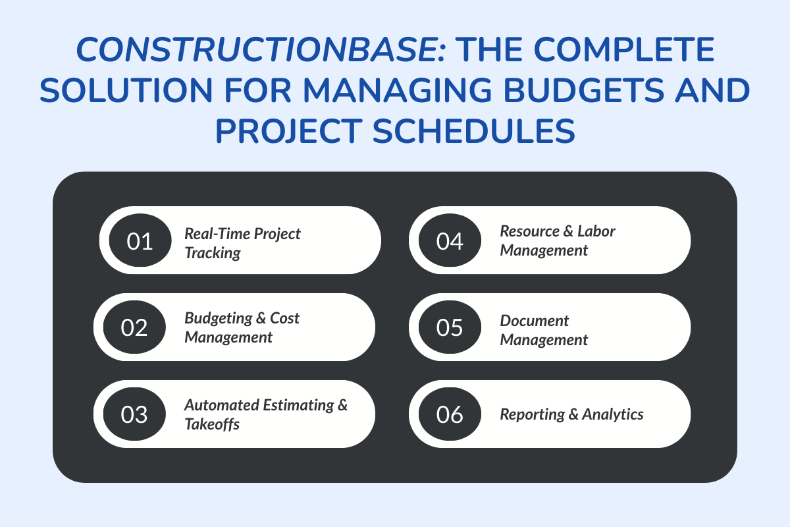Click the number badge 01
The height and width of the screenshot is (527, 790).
140,240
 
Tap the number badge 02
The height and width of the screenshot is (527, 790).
134,327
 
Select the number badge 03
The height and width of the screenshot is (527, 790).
134,414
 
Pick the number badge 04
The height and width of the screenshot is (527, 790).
450,240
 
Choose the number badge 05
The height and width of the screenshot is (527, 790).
450,327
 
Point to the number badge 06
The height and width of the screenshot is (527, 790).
450,414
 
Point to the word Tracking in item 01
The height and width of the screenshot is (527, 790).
212,253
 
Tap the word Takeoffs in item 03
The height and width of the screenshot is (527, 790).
211,424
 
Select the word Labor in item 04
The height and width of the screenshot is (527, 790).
596,231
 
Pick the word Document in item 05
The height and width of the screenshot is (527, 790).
534,321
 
